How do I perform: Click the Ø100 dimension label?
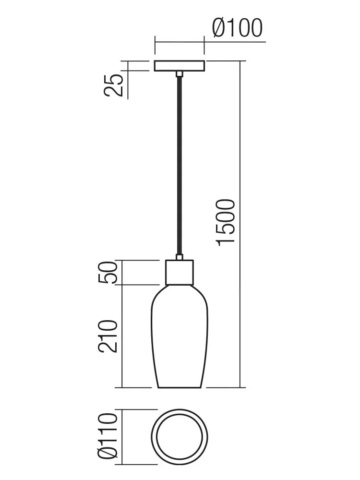(x=237, y=28)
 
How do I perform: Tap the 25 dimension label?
(x=114, y=85)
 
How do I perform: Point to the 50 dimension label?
(x=108, y=273)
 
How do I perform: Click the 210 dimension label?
(x=108, y=336)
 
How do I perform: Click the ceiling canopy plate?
(x=179, y=66)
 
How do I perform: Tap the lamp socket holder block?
(x=180, y=272)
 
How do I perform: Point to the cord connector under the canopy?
(x=180, y=73)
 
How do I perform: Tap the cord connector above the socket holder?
(x=180, y=257)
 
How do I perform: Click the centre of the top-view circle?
(x=180, y=437)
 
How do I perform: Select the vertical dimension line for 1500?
(x=240, y=224)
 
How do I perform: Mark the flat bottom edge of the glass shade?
(x=180, y=387)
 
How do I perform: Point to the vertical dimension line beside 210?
(x=122, y=336)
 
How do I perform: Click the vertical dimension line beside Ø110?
(x=122, y=437)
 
